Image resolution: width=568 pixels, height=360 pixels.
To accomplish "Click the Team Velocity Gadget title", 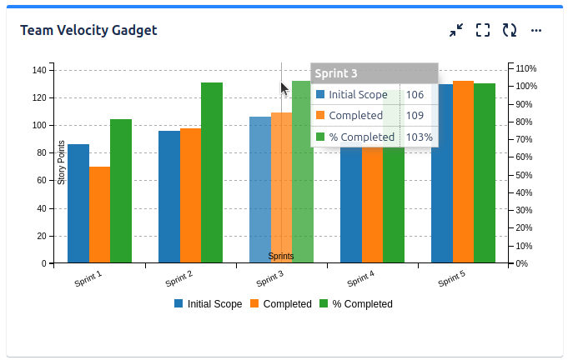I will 88,31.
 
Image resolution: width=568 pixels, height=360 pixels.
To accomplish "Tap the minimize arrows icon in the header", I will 455,31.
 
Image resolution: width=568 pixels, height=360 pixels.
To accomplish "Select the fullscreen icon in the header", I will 482,31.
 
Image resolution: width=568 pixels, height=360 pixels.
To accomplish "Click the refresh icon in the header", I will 509,31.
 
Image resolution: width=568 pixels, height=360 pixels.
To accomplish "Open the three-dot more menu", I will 536,31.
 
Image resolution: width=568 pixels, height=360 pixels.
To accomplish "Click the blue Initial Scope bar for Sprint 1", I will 78,204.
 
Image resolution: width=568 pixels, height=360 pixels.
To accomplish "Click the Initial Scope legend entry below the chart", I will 208,304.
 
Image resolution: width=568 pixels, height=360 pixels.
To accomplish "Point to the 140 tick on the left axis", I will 38,70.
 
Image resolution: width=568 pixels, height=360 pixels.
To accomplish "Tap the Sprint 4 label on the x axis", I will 359,279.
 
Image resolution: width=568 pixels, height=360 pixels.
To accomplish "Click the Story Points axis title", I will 61,163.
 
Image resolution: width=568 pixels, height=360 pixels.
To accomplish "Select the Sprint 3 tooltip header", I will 374,73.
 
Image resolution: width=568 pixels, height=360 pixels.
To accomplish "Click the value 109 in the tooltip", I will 415,116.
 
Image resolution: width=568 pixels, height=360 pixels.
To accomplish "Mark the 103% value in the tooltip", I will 420,137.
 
